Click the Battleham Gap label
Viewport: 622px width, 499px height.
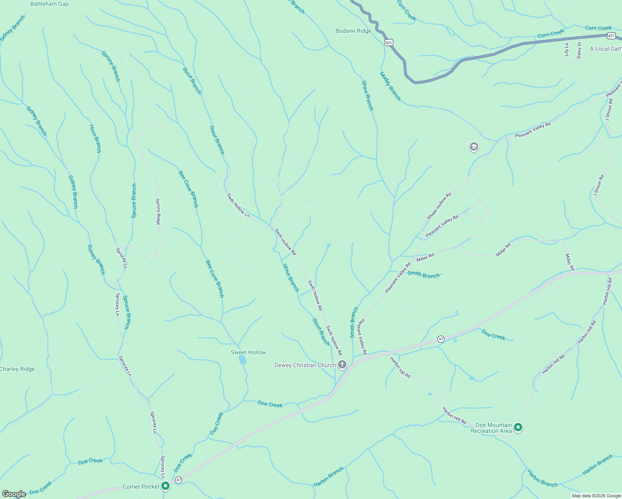(x=49, y=4)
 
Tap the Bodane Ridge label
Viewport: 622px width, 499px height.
(x=353, y=31)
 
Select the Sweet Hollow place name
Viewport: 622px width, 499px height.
(x=248, y=352)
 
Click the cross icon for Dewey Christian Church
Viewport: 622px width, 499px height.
(x=342, y=365)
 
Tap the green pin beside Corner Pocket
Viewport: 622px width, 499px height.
(x=165, y=486)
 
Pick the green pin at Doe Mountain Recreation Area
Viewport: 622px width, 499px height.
(x=518, y=427)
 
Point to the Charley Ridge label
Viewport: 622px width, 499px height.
(x=17, y=369)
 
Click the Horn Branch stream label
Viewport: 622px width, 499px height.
(x=96, y=138)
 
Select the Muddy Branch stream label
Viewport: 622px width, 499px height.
(x=390, y=86)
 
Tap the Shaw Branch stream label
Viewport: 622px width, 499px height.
(x=368, y=96)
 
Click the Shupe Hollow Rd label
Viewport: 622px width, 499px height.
(x=439, y=206)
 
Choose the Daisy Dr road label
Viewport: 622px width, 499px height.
(x=579, y=49)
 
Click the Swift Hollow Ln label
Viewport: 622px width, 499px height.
(x=238, y=205)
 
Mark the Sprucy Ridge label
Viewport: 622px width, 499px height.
(x=158, y=211)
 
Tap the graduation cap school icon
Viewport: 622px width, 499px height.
(x=474, y=147)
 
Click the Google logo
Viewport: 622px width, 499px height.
(x=14, y=494)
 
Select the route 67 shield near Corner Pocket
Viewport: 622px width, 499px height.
(x=178, y=480)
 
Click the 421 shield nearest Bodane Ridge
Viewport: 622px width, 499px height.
(x=388, y=42)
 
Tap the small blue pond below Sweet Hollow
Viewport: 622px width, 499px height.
(x=242, y=360)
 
